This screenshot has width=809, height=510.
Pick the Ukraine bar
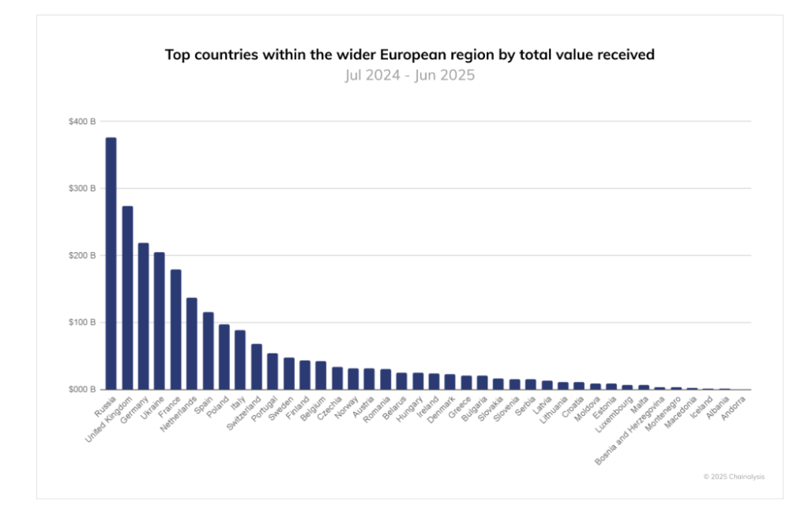(160, 321)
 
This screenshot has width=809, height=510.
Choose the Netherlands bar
(191, 344)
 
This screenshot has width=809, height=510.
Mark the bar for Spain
(208, 351)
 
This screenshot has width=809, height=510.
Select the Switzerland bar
(256, 367)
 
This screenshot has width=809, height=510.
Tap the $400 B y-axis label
(81, 122)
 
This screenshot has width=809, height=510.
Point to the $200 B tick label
(81, 255)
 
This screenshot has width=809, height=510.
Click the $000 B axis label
(81, 390)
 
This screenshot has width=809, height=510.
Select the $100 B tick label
(81, 323)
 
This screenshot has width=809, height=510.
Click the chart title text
(409, 55)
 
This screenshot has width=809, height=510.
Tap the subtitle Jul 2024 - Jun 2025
(409, 76)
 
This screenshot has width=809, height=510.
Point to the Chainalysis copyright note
(734, 477)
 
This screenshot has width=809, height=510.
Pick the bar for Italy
(240, 360)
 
